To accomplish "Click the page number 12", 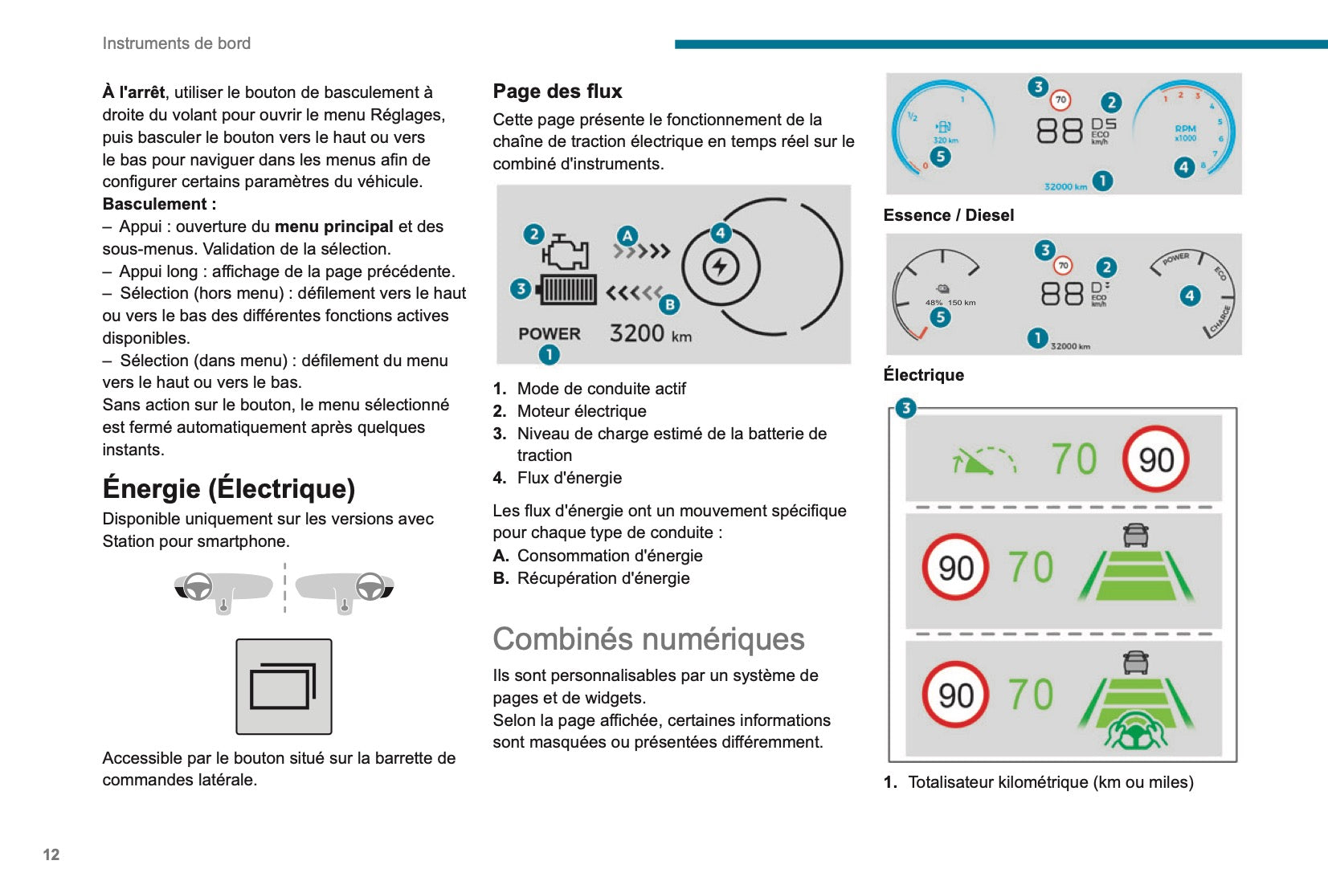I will pyautogui.click(x=51, y=854).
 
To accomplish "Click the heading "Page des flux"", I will pyautogui.click(x=558, y=92).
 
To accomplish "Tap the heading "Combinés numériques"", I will pyautogui.click(x=648, y=639).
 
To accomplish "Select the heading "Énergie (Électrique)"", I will pyautogui.click(x=229, y=488).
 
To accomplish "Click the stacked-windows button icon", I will pyautogui.click(x=284, y=687).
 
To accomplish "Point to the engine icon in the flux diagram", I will pyautogui.click(x=566, y=252).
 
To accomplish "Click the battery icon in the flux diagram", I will pyautogui.click(x=569, y=289).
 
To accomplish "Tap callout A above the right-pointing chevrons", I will pyautogui.click(x=627, y=236).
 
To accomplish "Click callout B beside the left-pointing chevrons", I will pyautogui.click(x=669, y=304).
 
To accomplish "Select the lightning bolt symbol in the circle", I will pyautogui.click(x=720, y=267).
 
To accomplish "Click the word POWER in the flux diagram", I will pyautogui.click(x=550, y=334).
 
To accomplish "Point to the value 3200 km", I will pyautogui.click(x=650, y=333).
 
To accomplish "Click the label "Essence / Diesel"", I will pyautogui.click(x=948, y=215).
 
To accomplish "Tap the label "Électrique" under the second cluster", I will pyautogui.click(x=923, y=375).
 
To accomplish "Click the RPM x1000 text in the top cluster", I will pyautogui.click(x=1185, y=133).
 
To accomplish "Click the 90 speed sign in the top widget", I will pyautogui.click(x=1155, y=459).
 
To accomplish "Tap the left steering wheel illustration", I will pyautogui.click(x=198, y=587).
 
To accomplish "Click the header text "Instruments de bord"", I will pyautogui.click(x=177, y=43).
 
